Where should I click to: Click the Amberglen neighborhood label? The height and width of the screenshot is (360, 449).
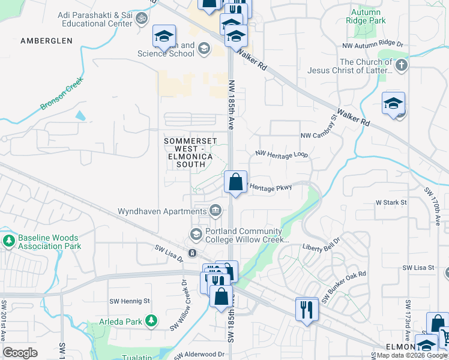[46, 41]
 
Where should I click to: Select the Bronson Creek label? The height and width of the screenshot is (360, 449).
[60, 95]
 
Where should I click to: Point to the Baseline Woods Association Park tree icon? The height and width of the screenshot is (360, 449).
[8, 241]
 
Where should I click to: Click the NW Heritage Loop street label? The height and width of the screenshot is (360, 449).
[282, 154]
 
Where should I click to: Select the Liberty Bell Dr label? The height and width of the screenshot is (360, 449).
[321, 247]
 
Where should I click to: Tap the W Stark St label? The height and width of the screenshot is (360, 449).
[391, 203]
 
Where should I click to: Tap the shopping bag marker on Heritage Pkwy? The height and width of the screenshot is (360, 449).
[236, 181]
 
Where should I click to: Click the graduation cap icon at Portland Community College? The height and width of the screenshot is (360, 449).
[196, 233]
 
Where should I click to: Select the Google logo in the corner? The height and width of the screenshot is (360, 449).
[20, 352]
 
